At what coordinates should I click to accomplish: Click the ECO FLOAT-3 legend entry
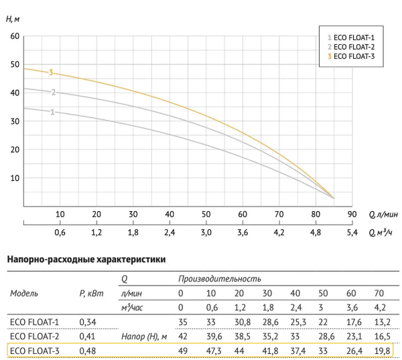354,57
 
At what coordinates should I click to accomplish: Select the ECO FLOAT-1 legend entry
353,38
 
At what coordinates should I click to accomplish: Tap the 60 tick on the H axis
14,36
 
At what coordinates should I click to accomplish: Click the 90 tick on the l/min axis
350,215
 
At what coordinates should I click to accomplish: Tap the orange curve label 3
50,72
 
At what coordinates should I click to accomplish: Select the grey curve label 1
52,112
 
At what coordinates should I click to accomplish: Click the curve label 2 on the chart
52,93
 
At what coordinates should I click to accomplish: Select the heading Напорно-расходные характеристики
85,258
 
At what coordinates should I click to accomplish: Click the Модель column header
24,293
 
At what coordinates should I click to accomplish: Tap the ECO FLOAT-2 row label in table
35,335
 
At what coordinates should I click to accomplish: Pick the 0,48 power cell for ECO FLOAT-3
88,349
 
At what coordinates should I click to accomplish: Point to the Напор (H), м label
145,335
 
